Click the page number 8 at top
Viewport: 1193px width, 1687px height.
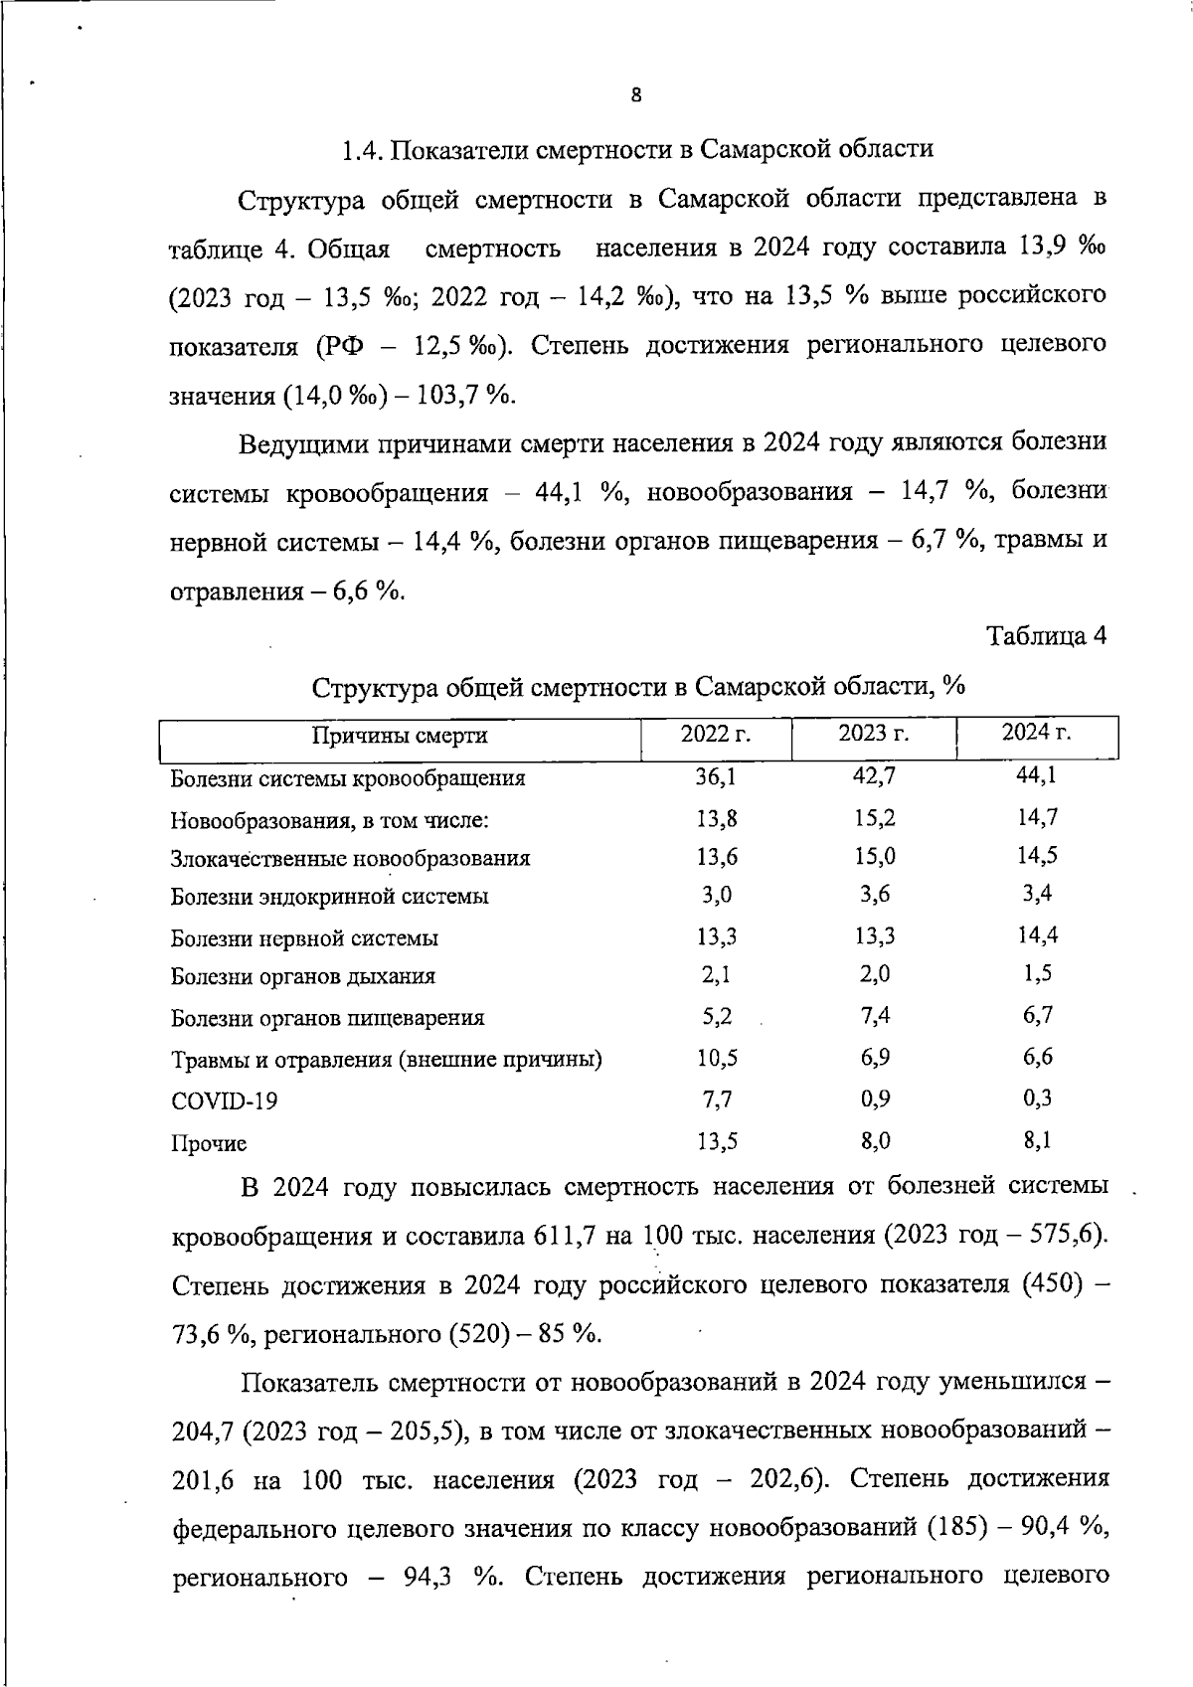tap(636, 96)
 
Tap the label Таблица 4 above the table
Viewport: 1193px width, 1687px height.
tap(1046, 636)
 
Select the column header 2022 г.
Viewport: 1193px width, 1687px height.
tap(715, 734)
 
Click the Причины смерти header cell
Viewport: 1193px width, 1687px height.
tap(400, 736)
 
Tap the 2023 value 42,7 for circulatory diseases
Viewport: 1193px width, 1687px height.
tap(874, 775)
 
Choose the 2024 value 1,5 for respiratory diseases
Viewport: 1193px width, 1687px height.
tap(1037, 974)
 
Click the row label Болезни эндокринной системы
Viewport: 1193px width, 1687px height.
tap(329, 897)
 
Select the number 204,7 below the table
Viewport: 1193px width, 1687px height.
tap(204, 1433)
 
